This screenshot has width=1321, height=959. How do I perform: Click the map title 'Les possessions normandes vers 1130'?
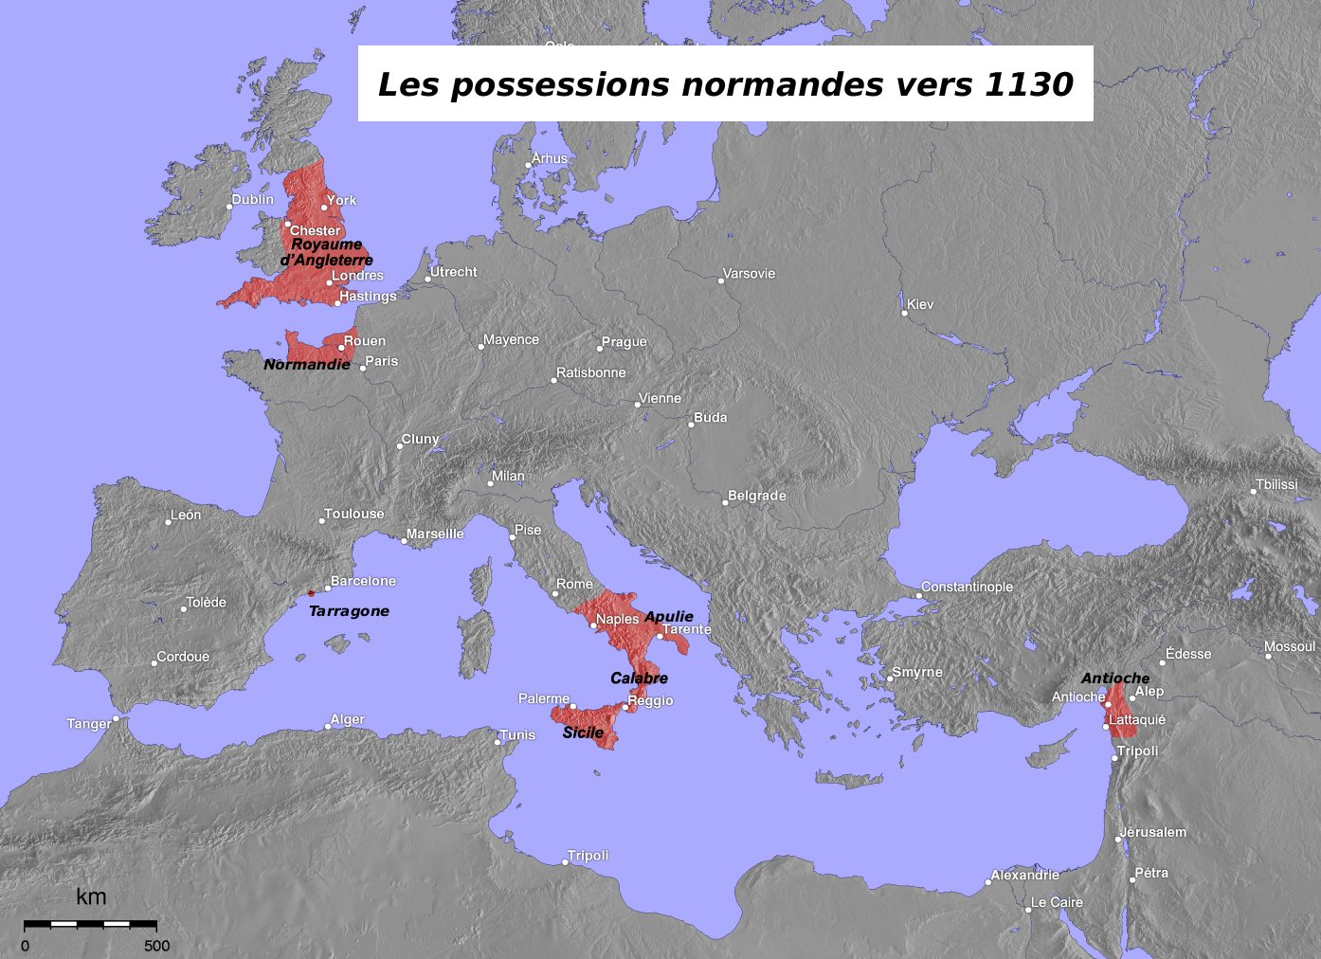click(725, 84)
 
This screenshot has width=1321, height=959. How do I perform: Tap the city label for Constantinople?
click(967, 587)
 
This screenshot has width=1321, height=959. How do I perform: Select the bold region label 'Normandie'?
click(307, 364)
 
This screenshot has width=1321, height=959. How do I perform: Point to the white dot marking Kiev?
click(904, 313)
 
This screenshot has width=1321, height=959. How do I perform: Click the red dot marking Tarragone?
click(311, 593)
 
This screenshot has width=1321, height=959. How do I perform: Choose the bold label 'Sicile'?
click(583, 733)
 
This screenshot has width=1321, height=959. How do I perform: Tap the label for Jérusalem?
click(1153, 832)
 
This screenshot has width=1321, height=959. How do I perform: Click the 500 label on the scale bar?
click(157, 946)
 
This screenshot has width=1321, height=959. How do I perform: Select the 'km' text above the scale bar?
click(91, 896)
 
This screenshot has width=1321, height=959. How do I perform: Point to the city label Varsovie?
click(749, 273)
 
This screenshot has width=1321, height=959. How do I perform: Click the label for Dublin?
click(253, 199)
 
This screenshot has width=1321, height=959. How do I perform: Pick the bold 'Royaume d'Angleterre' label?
click(326, 252)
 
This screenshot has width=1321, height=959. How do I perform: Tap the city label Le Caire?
click(1057, 902)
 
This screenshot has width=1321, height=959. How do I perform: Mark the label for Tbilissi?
click(1276, 484)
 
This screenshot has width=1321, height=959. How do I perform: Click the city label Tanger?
click(89, 724)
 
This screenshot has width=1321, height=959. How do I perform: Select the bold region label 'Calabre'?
click(639, 678)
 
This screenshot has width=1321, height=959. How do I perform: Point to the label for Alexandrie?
click(1025, 875)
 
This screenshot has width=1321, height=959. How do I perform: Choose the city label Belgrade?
click(757, 496)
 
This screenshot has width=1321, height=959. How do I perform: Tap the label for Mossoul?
click(1290, 646)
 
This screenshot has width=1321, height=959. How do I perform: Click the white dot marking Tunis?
click(498, 742)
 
